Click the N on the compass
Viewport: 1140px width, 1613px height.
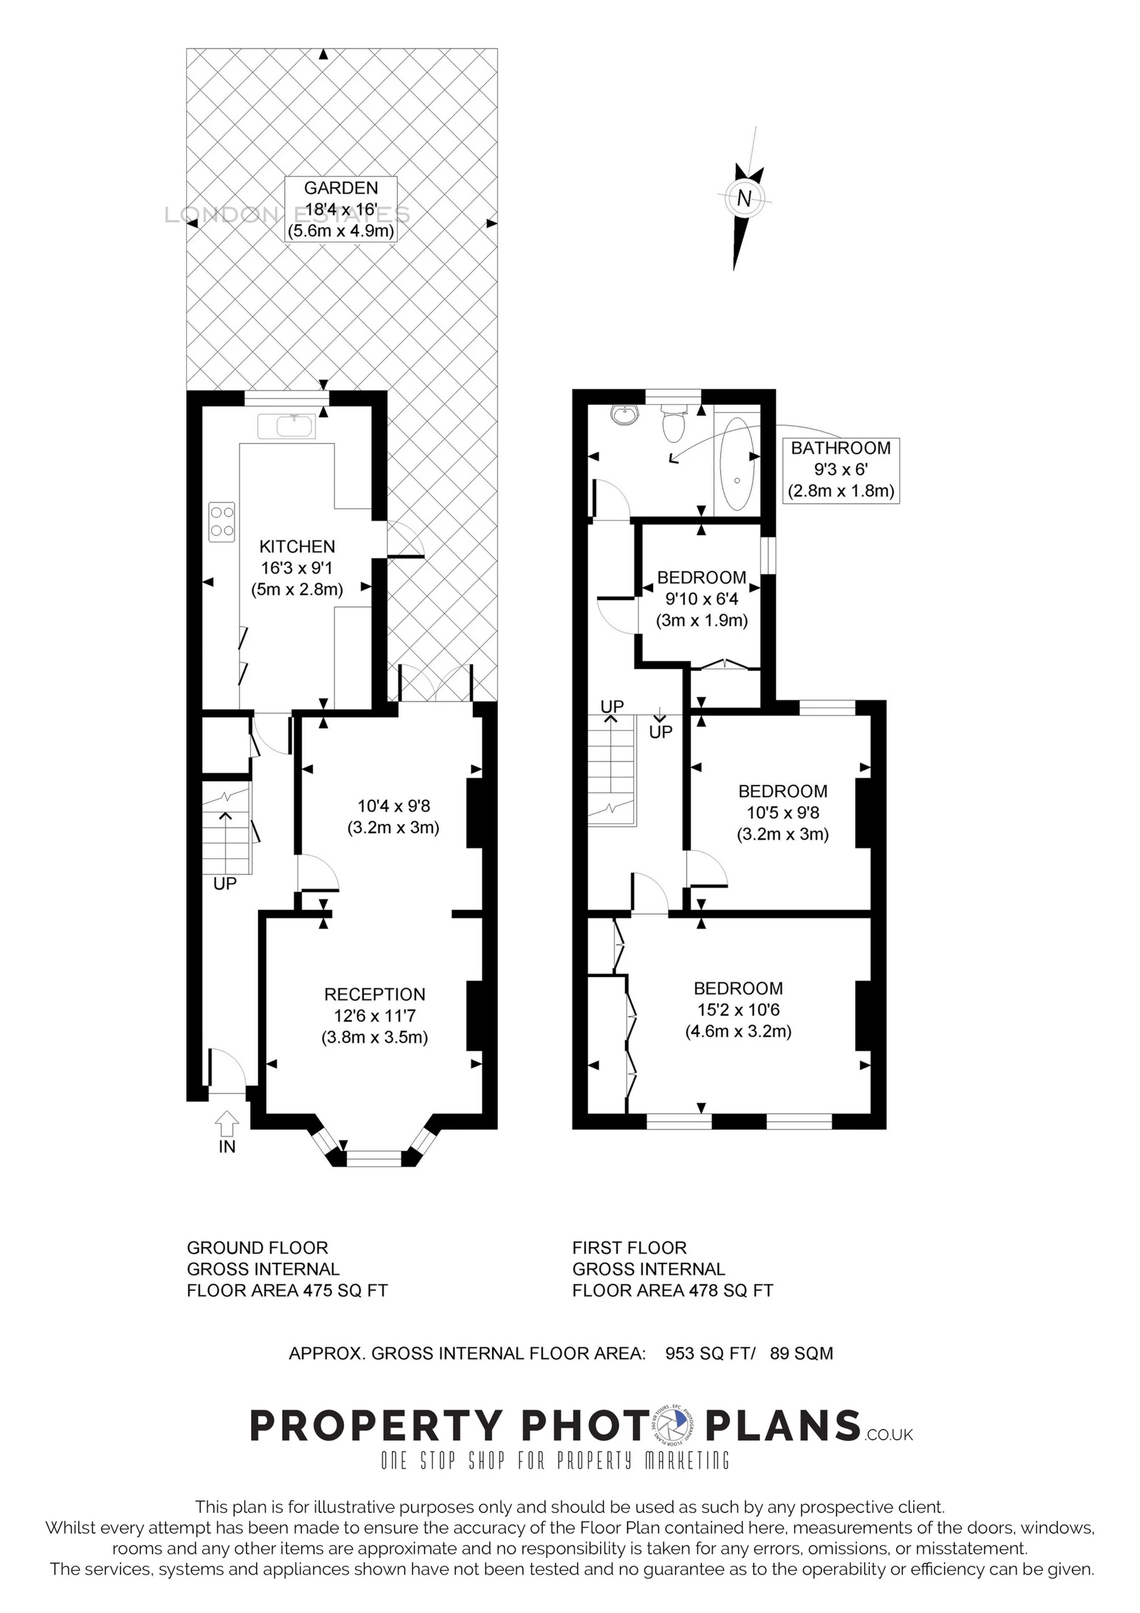pos(744,198)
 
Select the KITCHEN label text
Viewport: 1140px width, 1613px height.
pos(297,546)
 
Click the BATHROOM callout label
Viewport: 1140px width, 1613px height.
pos(841,469)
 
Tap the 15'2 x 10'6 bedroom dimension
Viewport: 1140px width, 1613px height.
pos(738,1010)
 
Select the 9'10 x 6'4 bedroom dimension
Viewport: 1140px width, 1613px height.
pos(701,599)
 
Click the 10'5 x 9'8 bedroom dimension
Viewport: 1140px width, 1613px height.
pos(783,812)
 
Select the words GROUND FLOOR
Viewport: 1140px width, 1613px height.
pos(257,1248)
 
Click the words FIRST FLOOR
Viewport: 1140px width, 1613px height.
pos(629,1248)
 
